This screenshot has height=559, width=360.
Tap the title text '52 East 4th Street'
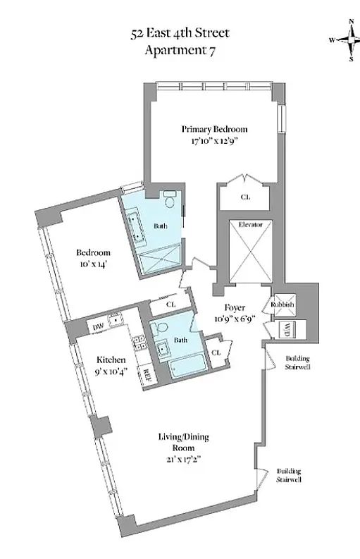coord(180,34)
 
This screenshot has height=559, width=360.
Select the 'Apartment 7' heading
coord(180,50)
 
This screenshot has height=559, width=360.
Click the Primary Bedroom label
coord(214,129)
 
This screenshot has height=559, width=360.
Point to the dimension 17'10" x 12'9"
coord(214,141)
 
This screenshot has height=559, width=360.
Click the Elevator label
coord(251,225)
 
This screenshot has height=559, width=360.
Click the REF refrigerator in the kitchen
coord(145,376)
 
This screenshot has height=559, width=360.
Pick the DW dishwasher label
coord(99,327)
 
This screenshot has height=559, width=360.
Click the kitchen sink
coord(115,319)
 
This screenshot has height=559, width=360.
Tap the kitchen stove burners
coord(138,343)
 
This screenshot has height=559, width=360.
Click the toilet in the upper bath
coord(170,199)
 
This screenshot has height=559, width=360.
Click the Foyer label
coord(235,307)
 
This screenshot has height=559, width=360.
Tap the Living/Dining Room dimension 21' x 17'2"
coord(184,460)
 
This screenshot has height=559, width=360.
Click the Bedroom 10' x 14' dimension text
coord(93,264)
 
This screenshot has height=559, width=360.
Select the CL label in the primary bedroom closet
coord(245,197)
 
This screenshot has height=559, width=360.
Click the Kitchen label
coord(111,360)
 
